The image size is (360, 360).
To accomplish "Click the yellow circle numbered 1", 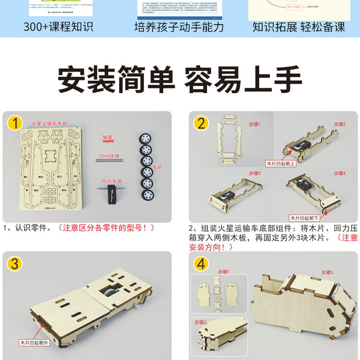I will (15, 123).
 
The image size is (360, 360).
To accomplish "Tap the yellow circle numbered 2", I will (201, 123).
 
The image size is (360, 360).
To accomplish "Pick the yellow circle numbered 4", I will (201, 264).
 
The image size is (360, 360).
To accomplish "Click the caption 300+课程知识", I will (59, 26).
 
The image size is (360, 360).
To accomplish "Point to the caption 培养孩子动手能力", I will (179, 26).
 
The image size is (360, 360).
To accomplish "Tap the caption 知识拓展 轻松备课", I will (299, 26).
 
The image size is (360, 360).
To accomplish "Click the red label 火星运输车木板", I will (50, 124).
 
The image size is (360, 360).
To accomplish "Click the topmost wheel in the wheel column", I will (145, 137).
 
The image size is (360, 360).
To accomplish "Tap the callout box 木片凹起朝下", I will (307, 217).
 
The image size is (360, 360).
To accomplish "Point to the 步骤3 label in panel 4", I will (327, 272).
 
